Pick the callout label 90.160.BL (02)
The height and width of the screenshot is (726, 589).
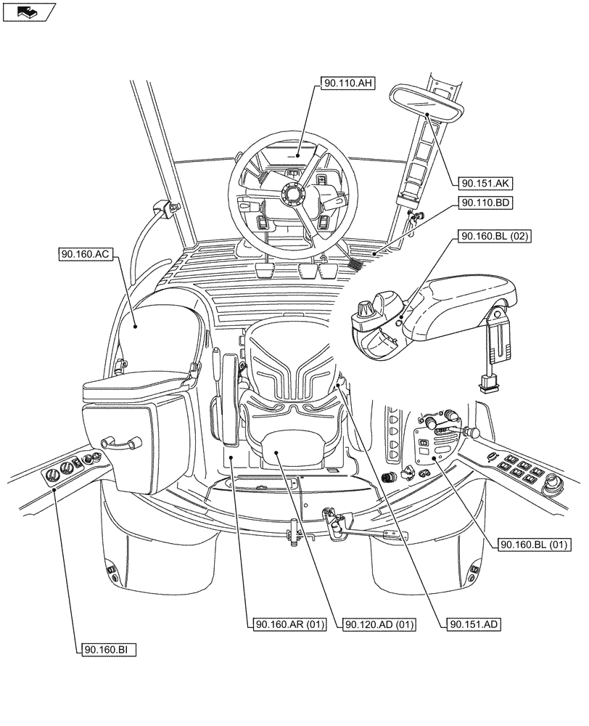point(494,237)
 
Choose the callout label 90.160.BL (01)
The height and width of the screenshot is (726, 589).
point(535,544)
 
